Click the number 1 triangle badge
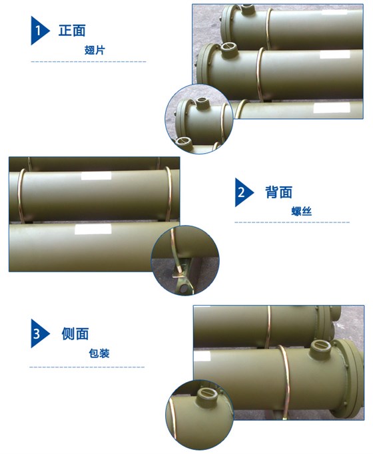click(39, 31)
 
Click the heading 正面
click(72, 31)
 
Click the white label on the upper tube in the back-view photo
click(92, 177)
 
